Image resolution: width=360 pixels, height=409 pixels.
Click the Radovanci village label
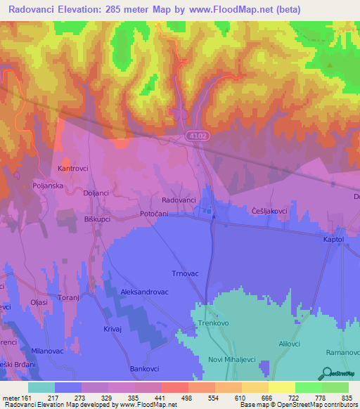coord(179,200)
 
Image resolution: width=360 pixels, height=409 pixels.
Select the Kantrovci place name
coord(74,169)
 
